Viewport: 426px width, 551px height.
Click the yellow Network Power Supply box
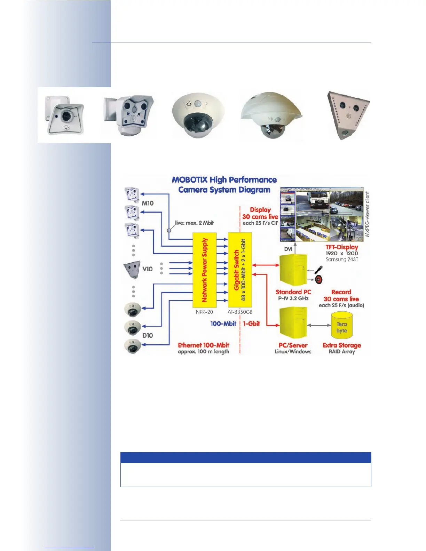204,270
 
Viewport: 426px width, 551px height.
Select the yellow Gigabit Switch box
240,270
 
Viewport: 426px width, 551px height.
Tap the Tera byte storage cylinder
341,326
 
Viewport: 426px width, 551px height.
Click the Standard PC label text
293,292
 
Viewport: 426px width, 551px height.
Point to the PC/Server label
293,345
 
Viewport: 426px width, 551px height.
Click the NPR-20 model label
204,312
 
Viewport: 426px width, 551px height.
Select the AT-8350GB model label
240,312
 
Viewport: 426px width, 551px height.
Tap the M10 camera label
148,203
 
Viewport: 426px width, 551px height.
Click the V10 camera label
148,269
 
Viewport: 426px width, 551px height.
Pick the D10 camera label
148,335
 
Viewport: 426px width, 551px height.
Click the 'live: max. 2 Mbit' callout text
194,223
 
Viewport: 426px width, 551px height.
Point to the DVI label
288,249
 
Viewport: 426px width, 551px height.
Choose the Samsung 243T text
342,259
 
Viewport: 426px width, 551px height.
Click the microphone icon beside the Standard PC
318,270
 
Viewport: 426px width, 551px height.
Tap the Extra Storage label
342,345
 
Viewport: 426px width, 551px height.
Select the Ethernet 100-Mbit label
204,345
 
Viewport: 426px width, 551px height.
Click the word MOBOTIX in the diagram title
190,180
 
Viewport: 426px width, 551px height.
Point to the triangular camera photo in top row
348,115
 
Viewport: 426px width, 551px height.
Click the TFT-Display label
342,247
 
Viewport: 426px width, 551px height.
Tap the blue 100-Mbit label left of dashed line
223,324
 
